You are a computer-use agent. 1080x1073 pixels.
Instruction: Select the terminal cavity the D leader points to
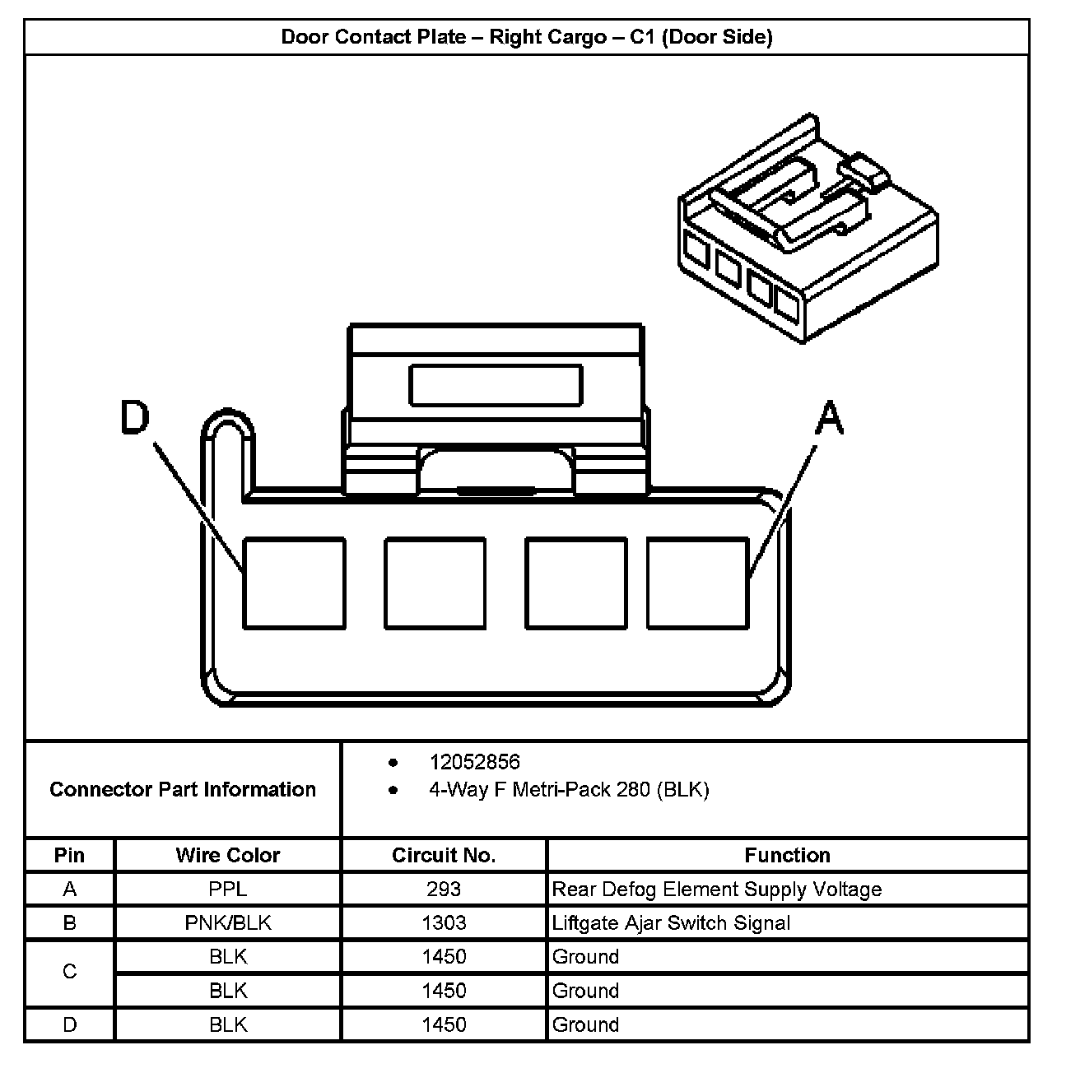(x=294, y=583)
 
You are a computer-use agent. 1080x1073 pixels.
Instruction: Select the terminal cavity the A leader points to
(x=697, y=583)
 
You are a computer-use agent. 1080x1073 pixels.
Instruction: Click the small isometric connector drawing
(x=807, y=230)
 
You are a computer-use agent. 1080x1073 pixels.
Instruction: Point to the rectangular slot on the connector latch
(x=496, y=385)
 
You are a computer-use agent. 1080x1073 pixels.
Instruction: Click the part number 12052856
(x=474, y=762)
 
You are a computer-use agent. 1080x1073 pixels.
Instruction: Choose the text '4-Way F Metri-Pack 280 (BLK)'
(x=568, y=790)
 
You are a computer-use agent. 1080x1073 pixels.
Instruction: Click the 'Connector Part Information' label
(x=183, y=790)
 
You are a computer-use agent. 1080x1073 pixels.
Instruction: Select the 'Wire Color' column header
(x=228, y=855)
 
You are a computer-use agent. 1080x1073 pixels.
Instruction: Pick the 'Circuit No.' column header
(x=444, y=855)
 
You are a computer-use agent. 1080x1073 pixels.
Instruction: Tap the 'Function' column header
(x=787, y=855)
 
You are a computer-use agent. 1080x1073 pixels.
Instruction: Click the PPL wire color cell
(x=228, y=890)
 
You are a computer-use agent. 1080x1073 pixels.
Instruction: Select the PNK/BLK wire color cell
(x=228, y=923)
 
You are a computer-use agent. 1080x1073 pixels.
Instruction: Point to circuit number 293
(x=444, y=890)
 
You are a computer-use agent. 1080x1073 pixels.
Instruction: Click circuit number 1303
(x=444, y=923)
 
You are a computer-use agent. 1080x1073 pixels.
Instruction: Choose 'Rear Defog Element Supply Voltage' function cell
(x=716, y=890)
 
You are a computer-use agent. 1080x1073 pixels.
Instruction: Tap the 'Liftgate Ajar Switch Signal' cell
(x=671, y=923)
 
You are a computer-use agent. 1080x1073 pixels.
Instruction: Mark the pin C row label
(x=70, y=973)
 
